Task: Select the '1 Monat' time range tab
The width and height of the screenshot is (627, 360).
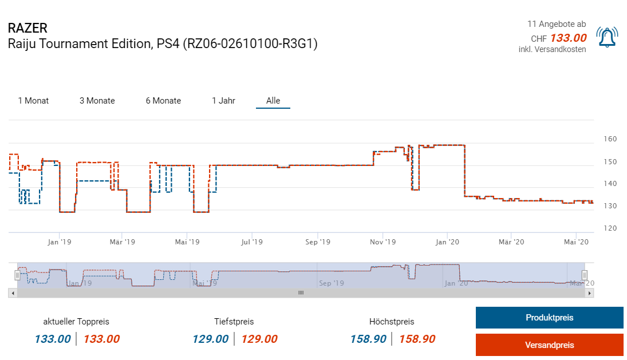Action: pos(33,101)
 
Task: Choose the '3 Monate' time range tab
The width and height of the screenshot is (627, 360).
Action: pos(97,101)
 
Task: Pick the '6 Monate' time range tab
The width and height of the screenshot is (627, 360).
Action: pos(163,101)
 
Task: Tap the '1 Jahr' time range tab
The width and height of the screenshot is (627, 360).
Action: pos(223,101)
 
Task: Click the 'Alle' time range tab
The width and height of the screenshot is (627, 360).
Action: pos(273,101)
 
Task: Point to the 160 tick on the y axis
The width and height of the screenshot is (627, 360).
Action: pos(610,139)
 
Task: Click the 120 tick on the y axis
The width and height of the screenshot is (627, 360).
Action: pos(610,228)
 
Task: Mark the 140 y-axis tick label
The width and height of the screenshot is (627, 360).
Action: pos(610,184)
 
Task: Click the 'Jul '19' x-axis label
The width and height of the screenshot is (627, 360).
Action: pos(252,242)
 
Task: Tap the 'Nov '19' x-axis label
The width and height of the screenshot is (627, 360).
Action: pos(382,242)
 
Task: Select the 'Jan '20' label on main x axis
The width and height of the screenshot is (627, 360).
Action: pos(448,242)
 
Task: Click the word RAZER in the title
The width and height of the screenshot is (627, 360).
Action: pos(27,28)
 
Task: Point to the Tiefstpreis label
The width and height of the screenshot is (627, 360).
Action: pos(234,322)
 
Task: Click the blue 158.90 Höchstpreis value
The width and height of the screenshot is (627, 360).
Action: pos(368,339)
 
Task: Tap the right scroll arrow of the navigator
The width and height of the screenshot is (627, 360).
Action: pos(590,292)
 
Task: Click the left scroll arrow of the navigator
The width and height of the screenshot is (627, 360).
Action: pos(13,292)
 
